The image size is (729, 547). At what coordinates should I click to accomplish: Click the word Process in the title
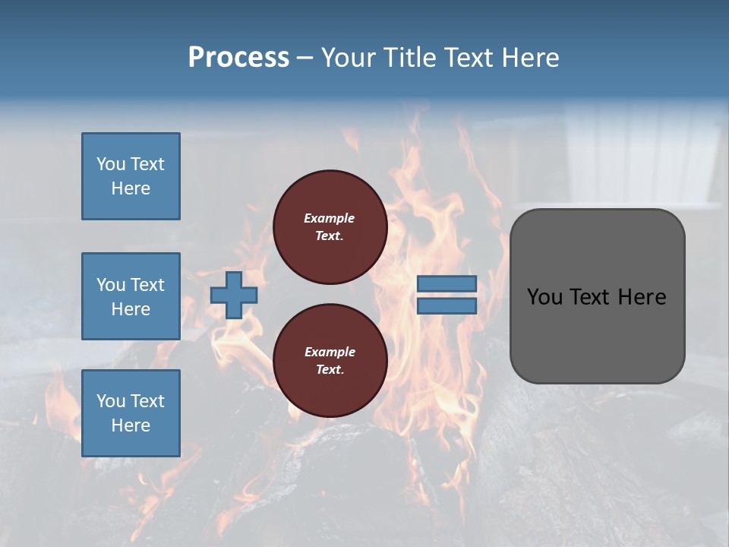click(238, 58)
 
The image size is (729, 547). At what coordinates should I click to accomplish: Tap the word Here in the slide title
click(529, 58)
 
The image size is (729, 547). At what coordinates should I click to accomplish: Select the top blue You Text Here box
click(131, 176)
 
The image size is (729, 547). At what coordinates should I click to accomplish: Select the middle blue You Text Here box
click(131, 296)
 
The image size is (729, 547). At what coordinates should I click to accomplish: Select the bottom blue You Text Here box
click(131, 413)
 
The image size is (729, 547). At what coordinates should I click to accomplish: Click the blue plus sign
click(234, 295)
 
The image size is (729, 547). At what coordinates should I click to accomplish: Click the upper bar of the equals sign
click(447, 283)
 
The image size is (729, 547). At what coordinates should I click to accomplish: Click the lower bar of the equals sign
click(447, 306)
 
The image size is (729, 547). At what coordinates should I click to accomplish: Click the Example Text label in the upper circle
click(330, 226)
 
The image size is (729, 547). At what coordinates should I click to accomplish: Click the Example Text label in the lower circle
click(330, 360)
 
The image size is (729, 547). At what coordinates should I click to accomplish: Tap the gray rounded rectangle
click(597, 334)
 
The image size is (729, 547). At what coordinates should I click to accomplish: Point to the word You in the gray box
click(544, 297)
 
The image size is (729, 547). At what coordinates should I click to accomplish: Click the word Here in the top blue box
click(131, 188)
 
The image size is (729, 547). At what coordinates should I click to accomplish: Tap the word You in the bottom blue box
click(111, 401)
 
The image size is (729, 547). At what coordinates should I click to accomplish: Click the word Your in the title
click(348, 58)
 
